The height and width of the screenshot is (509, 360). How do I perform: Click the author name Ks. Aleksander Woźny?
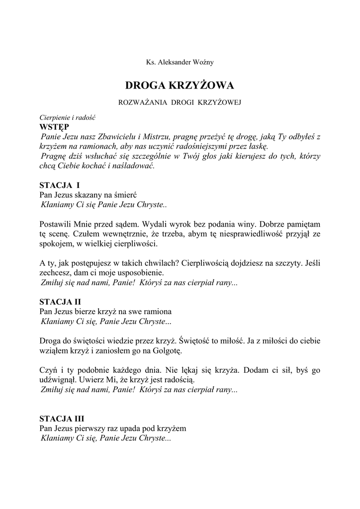(180, 62)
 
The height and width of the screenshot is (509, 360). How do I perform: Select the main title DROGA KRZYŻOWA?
(180, 85)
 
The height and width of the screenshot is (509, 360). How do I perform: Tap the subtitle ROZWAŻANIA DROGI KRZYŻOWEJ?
(180, 103)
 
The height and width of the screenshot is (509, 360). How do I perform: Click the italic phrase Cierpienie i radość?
(67, 118)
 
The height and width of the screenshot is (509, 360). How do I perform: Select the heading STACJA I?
(59, 185)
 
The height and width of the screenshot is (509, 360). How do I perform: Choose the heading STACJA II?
(60, 302)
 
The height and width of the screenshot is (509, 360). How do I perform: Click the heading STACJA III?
(62, 419)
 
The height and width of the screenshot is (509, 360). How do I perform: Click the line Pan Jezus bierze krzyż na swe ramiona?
(105, 312)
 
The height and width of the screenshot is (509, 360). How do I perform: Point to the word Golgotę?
(168, 350)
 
